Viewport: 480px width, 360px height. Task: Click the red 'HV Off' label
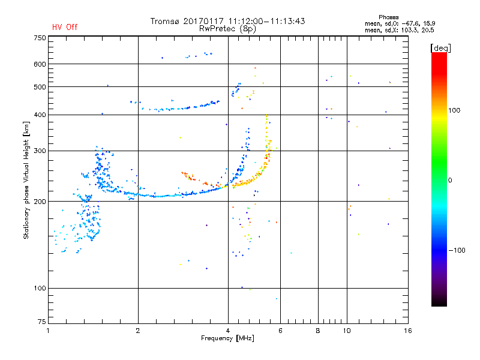click(x=65, y=27)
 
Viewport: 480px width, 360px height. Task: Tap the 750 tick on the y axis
click(x=40, y=38)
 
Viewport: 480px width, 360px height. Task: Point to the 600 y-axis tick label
click(x=40, y=64)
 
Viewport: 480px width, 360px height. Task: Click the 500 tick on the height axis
click(x=40, y=87)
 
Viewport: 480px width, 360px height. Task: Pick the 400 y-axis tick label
click(x=40, y=115)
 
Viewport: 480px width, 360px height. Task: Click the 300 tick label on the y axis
click(x=40, y=151)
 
